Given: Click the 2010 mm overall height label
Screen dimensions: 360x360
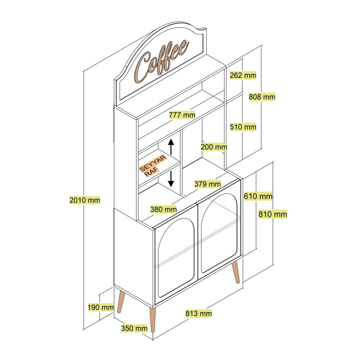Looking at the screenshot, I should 85,200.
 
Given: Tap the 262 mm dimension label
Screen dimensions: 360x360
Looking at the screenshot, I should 243,75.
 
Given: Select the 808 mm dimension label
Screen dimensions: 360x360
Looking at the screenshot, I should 262,97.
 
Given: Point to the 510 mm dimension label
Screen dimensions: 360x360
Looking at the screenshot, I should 243,127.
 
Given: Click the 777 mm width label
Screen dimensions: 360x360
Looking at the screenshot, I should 182,115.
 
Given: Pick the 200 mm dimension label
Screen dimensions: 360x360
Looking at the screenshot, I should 214,147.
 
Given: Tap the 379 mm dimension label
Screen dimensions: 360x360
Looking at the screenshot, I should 208,184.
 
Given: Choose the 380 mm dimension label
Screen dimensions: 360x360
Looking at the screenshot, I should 163,209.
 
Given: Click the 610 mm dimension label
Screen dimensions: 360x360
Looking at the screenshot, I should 258,196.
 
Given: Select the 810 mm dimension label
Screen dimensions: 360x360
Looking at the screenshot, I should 273,214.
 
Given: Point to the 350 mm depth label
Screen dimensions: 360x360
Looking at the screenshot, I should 134,328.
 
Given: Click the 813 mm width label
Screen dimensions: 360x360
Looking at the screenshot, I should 199,313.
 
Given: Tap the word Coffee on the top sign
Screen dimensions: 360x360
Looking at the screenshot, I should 161,61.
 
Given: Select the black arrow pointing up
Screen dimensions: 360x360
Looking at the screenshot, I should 171,147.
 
